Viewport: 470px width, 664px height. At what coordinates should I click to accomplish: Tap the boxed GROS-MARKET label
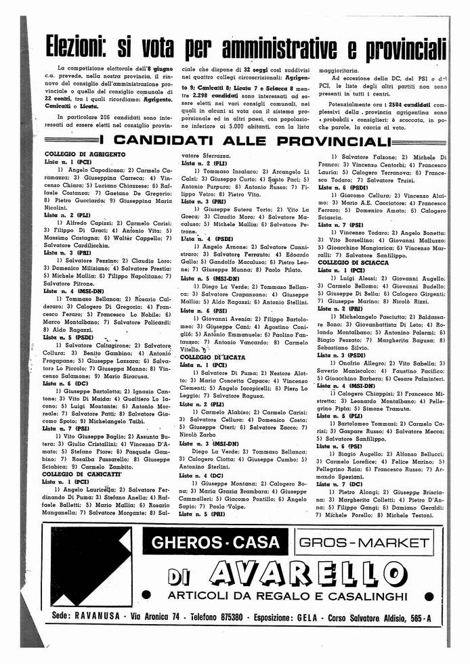pyautogui.click(x=366, y=542)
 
